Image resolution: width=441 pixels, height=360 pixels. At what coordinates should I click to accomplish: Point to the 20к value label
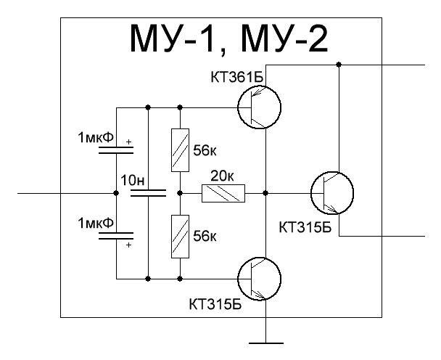tap(221, 176)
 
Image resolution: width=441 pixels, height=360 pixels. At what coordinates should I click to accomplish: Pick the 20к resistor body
tap(223, 194)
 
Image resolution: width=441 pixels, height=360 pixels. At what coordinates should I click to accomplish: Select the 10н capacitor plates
tap(149, 194)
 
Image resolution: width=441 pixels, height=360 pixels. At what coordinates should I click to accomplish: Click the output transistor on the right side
tap(332, 193)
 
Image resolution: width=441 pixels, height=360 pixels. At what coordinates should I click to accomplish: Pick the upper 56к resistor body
tap(179, 150)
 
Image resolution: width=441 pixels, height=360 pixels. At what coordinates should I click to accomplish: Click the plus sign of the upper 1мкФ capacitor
tap(129, 144)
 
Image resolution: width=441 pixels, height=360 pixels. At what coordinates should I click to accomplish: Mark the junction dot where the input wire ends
tap(117, 194)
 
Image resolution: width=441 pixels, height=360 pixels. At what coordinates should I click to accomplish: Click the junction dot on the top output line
tap(339, 65)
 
